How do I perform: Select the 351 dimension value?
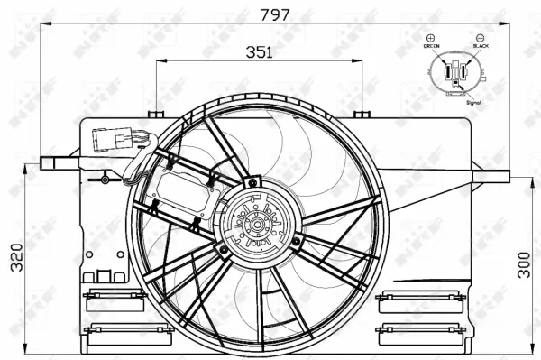click(260, 51)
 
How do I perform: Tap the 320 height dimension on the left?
click(11, 256)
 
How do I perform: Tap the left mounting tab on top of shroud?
click(158, 114)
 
